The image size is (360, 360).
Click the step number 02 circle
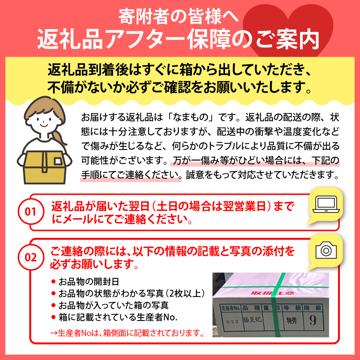[x=31, y=257]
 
